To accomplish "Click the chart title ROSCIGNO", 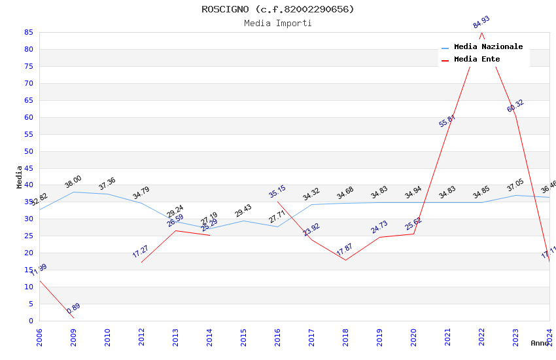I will point(277,9).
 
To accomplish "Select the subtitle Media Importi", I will point(277,23).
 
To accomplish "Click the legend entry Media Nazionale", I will point(488,46).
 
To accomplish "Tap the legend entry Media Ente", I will point(477,59).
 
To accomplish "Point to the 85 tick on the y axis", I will point(28,32).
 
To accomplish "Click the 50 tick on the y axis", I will point(28,151).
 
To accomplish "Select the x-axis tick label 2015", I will point(243,336).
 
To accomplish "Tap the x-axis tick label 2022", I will point(481,336).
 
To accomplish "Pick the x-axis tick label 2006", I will point(39,336).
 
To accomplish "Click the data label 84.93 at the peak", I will point(481,22).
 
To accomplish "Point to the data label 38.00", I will point(73,181).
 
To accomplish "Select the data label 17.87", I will point(345,250).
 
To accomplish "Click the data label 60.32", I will point(515,105).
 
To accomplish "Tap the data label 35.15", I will point(277,191).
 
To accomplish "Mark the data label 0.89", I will point(73,308).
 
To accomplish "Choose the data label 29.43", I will point(243,210).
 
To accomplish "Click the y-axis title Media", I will point(20,177).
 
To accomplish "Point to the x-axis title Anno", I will point(540,343).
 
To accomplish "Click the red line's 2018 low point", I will point(345,260).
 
